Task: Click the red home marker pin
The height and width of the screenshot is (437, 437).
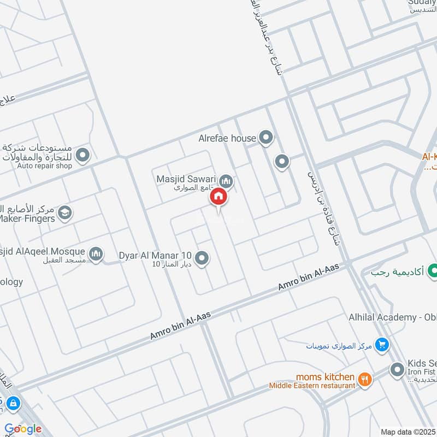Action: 218,196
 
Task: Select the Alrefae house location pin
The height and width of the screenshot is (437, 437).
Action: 266,138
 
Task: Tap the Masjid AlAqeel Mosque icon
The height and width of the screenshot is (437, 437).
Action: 96,254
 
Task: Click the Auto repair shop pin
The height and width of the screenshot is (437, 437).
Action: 83,156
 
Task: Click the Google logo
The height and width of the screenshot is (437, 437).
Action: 23,428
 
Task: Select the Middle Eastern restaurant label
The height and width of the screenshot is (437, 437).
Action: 312,386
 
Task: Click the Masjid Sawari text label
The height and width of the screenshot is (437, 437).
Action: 186,179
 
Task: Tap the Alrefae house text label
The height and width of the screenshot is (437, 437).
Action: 227,138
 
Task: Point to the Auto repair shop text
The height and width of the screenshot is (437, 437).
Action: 44,166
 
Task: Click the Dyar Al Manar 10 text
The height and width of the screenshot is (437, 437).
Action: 155,255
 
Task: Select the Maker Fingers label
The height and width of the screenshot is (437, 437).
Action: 26,218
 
